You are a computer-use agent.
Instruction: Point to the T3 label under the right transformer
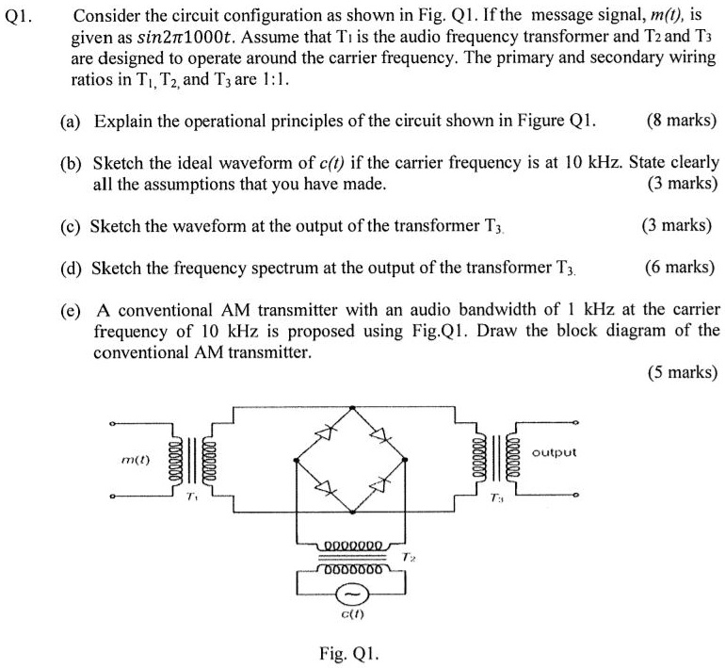click(498, 497)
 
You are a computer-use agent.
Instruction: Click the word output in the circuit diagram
click(554, 453)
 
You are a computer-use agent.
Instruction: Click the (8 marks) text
click(682, 122)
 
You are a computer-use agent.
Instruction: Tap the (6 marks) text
click(682, 268)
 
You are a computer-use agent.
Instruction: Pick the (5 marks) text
click(682, 372)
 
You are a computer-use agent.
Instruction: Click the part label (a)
click(69, 122)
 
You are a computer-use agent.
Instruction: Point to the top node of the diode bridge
click(353, 408)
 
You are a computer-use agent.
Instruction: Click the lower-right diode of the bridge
click(379, 486)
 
